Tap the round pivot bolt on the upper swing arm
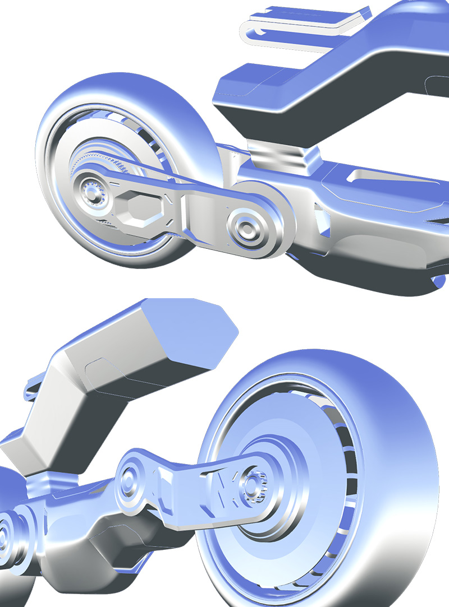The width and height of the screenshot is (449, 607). [246, 226]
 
